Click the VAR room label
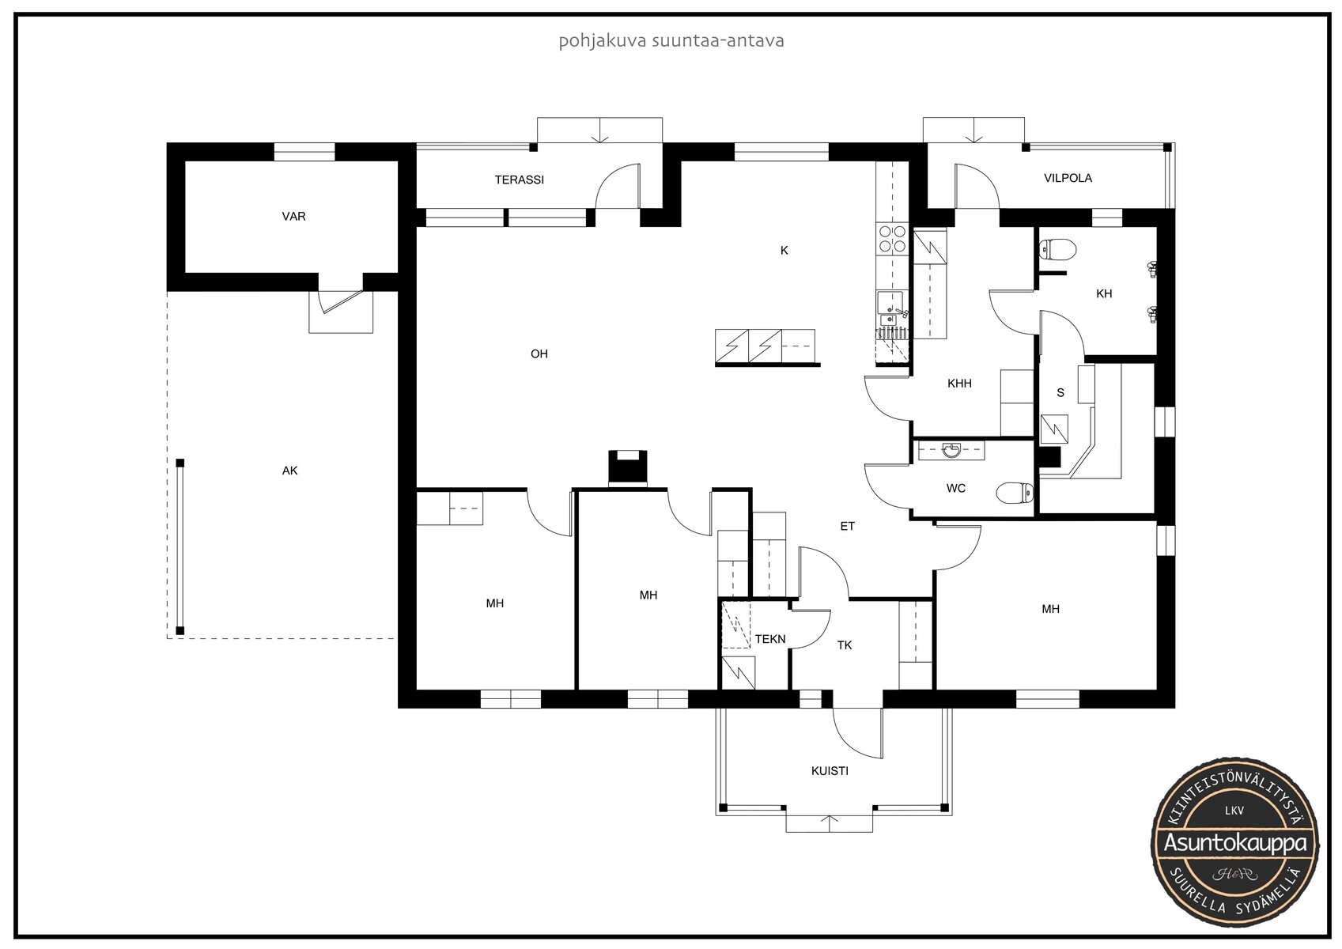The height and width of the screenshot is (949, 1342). (293, 216)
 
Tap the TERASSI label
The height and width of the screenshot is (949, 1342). (520, 180)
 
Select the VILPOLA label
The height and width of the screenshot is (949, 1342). (1068, 178)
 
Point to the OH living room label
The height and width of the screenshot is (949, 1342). (539, 354)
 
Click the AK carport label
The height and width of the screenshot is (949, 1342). (290, 471)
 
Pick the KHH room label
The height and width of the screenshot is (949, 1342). (959, 384)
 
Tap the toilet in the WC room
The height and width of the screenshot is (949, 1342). (1015, 493)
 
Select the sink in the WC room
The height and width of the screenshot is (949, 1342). (951, 449)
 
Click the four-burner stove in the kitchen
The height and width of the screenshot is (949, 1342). (892, 239)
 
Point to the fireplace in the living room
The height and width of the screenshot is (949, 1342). (628, 468)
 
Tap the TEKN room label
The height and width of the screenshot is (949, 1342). (770, 639)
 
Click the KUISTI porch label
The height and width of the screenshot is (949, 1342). (830, 771)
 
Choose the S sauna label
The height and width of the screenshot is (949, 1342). (1060, 393)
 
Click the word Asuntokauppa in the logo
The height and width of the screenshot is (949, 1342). (1234, 843)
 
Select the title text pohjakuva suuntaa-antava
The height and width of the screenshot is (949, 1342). (671, 41)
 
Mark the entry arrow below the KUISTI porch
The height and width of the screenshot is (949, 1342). (830, 823)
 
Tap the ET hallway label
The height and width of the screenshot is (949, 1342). (847, 526)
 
